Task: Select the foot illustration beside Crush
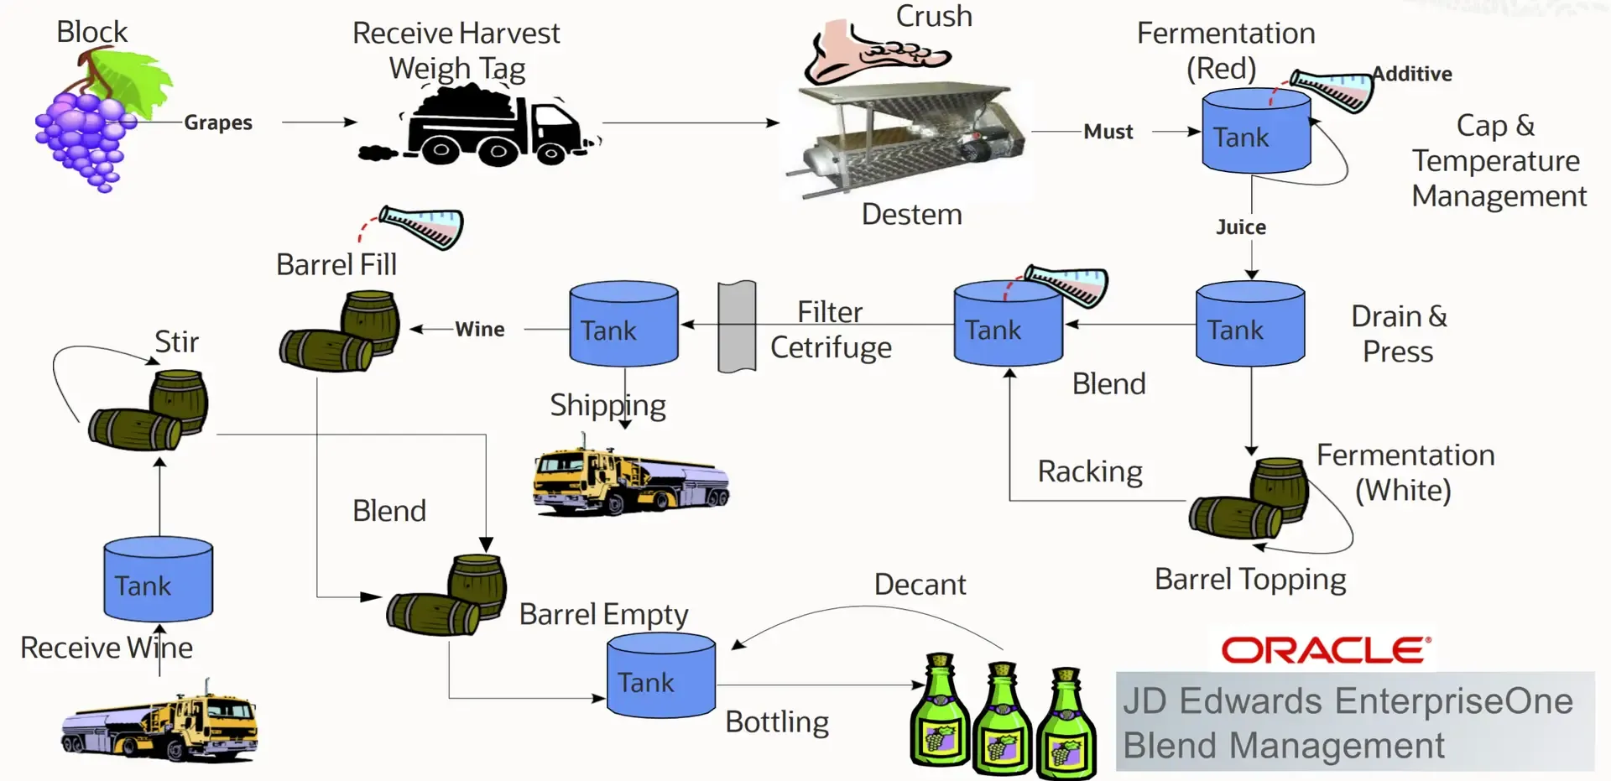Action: point(873,52)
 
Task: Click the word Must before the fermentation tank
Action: point(1108,132)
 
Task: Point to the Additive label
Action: point(1412,74)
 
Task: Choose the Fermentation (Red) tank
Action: point(1256,134)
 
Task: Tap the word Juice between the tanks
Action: point(1241,227)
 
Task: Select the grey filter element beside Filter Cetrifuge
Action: point(737,326)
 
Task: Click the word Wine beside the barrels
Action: point(480,329)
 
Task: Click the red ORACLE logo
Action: point(1326,650)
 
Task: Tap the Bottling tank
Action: point(660,678)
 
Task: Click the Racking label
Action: point(1089,471)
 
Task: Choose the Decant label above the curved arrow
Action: point(920,584)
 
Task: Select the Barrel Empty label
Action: point(603,614)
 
